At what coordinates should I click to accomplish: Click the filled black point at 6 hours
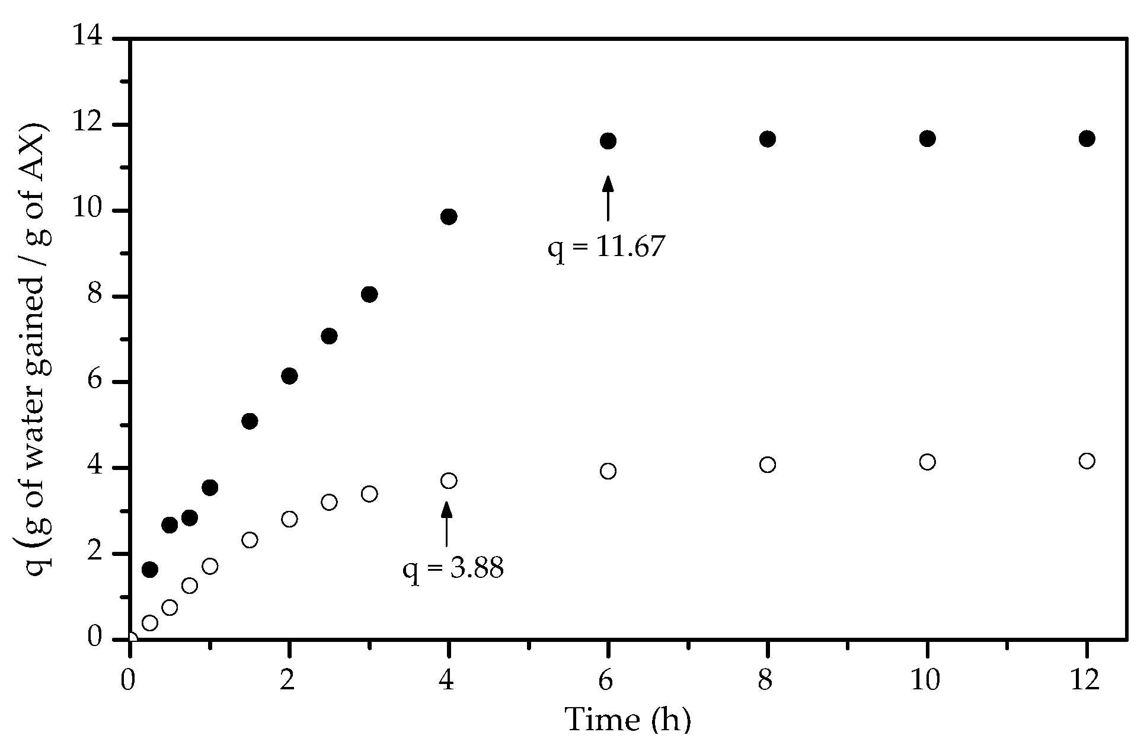click(608, 141)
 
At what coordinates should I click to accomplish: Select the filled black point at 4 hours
click(449, 216)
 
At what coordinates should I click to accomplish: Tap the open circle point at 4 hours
click(449, 481)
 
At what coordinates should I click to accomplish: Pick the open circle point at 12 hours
click(1087, 461)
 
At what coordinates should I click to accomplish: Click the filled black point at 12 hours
click(1087, 139)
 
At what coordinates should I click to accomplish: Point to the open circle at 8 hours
click(768, 464)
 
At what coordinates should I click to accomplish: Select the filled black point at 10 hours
click(927, 139)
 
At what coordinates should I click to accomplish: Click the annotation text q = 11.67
click(606, 247)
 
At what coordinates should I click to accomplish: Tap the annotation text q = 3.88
click(453, 569)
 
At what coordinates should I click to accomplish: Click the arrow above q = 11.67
click(608, 199)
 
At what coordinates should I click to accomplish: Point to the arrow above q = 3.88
click(446, 523)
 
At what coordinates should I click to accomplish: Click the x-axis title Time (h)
click(628, 720)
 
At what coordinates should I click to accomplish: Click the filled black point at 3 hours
click(369, 295)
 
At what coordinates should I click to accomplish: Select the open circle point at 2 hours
click(289, 519)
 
